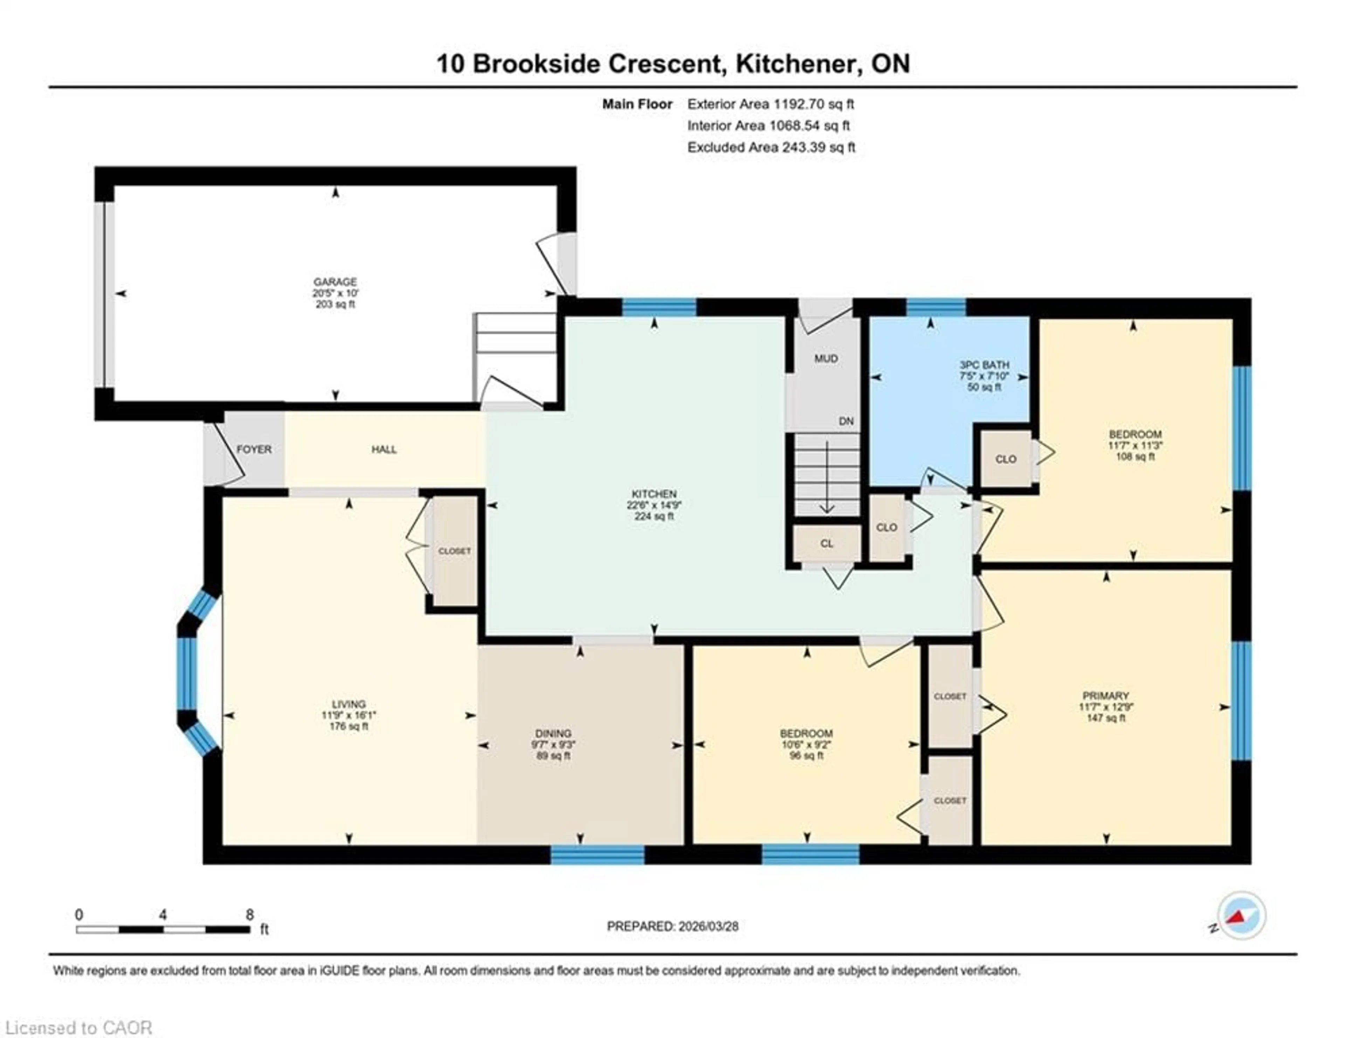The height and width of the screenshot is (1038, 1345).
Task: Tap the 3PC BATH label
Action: tap(984, 365)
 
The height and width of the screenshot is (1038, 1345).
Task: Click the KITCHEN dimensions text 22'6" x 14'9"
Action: tap(654, 505)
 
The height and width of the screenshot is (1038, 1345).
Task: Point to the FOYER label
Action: tap(254, 449)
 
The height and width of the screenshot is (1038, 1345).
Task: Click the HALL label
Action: tap(384, 449)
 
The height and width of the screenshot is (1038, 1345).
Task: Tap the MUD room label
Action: tap(826, 358)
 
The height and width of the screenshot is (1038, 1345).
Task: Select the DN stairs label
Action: tap(846, 421)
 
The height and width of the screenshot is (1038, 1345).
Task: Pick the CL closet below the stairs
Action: tap(827, 544)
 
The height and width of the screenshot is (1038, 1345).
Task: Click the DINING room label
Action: tap(553, 733)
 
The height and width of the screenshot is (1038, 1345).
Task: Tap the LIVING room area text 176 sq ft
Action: tap(349, 726)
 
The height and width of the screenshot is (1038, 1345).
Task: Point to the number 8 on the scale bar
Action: tap(249, 914)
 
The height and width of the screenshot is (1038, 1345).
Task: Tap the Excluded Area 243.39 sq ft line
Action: tap(771, 147)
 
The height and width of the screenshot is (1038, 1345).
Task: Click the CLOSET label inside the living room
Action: tap(455, 551)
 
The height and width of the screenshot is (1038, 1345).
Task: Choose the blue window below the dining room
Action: tap(597, 854)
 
